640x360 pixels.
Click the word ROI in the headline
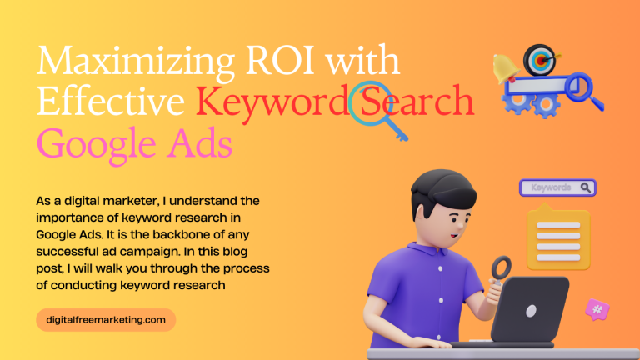pos(280,61)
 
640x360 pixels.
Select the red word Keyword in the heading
pos(271,102)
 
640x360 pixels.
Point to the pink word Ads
pos(200,142)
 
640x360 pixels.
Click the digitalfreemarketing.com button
pos(106,320)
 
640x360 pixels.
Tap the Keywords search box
pos(557,187)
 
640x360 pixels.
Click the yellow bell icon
pos(505,68)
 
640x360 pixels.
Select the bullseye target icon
pos(540,60)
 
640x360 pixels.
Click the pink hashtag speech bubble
pos(597,310)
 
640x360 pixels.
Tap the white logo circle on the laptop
pos(531,312)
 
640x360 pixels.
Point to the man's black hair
pos(442,192)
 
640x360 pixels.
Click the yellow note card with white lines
pos(558,239)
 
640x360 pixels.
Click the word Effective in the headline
pos(111,101)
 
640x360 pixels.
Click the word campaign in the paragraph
pos(150,252)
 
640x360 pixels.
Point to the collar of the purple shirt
pos(424,248)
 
